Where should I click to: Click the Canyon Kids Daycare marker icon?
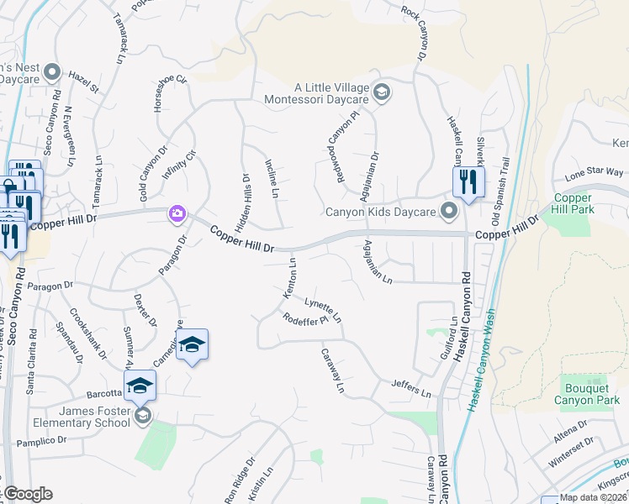(449, 210)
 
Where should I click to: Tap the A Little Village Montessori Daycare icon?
(382, 92)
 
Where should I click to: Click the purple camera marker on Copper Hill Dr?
(177, 213)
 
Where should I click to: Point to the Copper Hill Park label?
(573, 203)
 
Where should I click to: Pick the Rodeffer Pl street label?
(304, 320)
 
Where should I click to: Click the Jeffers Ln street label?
(410, 388)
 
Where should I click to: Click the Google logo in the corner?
(29, 494)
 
